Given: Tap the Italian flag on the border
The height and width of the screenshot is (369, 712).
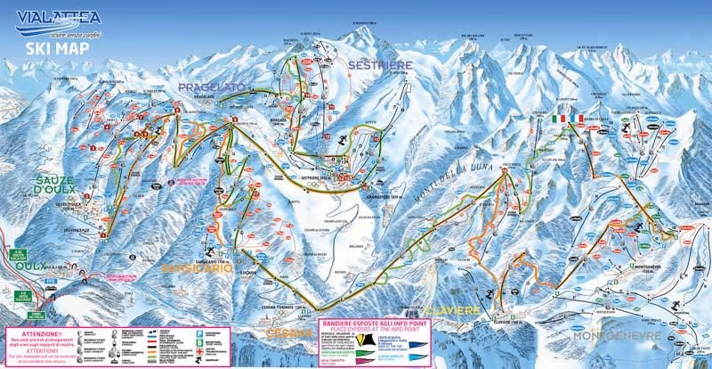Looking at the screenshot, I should pyautogui.click(x=560, y=118).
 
